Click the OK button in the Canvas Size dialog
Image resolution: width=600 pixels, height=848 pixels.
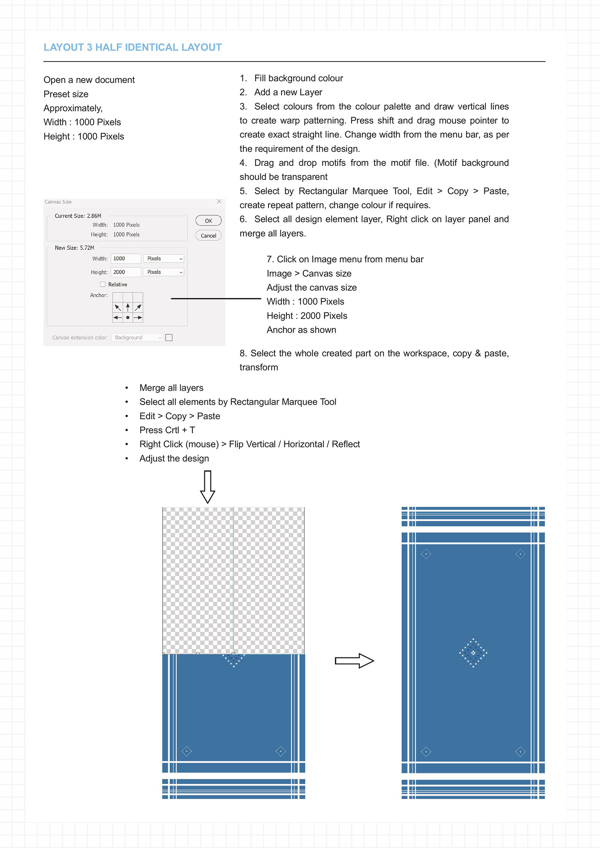point(208,221)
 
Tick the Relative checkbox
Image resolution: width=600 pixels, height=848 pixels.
point(103,284)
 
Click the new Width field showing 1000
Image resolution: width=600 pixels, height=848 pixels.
point(126,259)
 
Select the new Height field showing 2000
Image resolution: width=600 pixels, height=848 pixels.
point(126,272)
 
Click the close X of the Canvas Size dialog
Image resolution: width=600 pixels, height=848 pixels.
point(219,202)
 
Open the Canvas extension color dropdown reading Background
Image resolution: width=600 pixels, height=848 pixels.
point(137,338)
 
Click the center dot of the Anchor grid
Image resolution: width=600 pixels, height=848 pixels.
point(128,317)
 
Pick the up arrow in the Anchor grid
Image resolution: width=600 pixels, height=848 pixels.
point(128,307)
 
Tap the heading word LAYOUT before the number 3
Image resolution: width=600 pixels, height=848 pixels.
point(64,48)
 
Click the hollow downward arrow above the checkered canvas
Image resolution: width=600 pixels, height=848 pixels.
point(208,487)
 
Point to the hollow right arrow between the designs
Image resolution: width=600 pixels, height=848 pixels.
point(354,661)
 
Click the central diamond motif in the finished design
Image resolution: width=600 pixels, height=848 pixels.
point(473,653)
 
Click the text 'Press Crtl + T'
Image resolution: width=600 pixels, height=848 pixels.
point(167,430)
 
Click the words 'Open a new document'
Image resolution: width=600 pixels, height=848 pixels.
point(89,80)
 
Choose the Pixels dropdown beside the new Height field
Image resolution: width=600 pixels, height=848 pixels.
point(164,272)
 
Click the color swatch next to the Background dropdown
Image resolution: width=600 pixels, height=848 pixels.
point(169,338)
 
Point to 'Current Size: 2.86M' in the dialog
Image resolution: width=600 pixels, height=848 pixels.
point(78,216)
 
